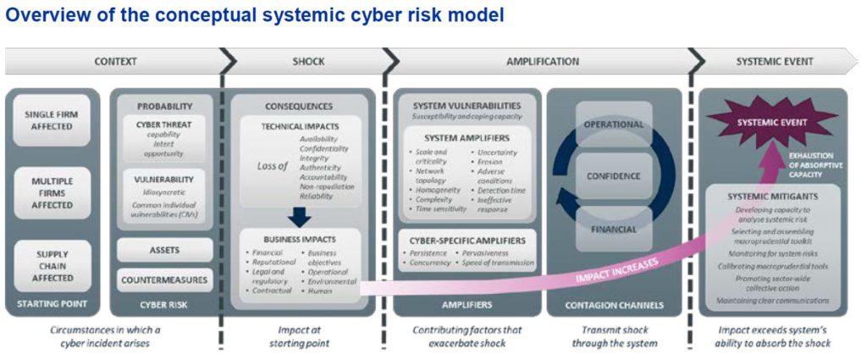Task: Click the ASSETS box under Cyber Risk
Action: (164, 249)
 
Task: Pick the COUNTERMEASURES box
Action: (164, 279)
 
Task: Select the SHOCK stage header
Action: (308, 61)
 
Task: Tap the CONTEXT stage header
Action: (115, 61)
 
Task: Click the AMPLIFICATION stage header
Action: (543, 61)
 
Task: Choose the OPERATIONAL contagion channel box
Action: (614, 125)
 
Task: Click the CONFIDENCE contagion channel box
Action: (614, 176)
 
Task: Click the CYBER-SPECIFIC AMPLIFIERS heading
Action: (467, 241)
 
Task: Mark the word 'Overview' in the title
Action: (40, 14)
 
